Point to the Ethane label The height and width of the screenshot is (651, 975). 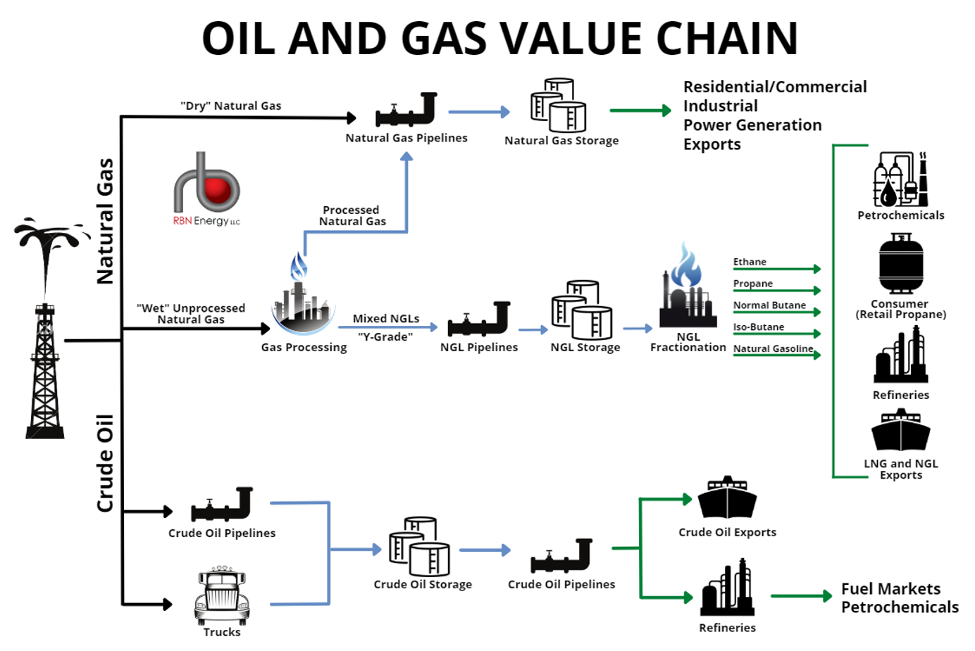750,262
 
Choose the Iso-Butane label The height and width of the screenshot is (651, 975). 758,327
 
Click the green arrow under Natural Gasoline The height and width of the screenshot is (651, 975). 777,355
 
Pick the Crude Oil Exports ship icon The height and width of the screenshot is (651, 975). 727,498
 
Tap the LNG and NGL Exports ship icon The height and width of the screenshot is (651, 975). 900,431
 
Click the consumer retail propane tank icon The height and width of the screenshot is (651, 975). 900,264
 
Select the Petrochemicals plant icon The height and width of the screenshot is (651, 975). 900,179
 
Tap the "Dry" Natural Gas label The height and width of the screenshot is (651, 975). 231,106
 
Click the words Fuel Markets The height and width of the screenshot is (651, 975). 890,589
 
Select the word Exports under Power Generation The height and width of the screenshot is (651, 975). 712,144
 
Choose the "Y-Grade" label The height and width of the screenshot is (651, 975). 385,337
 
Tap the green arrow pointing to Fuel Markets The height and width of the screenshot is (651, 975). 802,596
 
